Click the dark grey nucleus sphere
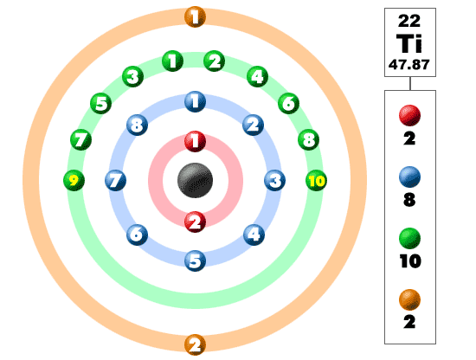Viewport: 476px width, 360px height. pyautogui.click(x=195, y=180)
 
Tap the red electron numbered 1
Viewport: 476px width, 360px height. pyautogui.click(x=196, y=141)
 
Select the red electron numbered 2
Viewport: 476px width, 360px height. pyautogui.click(x=196, y=222)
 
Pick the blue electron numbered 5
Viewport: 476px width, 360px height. pyautogui.click(x=196, y=260)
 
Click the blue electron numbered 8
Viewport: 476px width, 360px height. pyautogui.click(x=138, y=125)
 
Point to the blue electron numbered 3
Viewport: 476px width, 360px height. pyautogui.click(x=274, y=181)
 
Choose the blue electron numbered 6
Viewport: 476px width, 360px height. pyautogui.click(x=138, y=235)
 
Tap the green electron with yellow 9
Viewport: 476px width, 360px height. pyautogui.click(x=74, y=181)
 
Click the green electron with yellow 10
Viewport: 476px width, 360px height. pyautogui.click(x=316, y=181)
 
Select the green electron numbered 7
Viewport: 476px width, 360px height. pyautogui.click(x=80, y=139)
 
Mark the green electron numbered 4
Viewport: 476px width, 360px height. pyautogui.click(x=257, y=76)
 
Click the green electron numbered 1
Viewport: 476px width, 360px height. pyautogui.click(x=173, y=61)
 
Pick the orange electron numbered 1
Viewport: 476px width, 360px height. pyautogui.click(x=196, y=16)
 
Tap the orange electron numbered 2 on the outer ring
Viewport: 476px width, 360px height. pyautogui.click(x=196, y=344)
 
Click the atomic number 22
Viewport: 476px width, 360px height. pyautogui.click(x=409, y=21)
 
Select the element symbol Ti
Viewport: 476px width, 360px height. pyautogui.click(x=409, y=43)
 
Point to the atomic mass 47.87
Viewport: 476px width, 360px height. pyautogui.click(x=409, y=65)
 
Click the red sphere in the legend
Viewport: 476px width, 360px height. pyautogui.click(x=409, y=115)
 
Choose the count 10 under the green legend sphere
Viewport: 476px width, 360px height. pyautogui.click(x=410, y=261)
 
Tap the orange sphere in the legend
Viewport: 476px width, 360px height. pyautogui.click(x=409, y=300)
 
